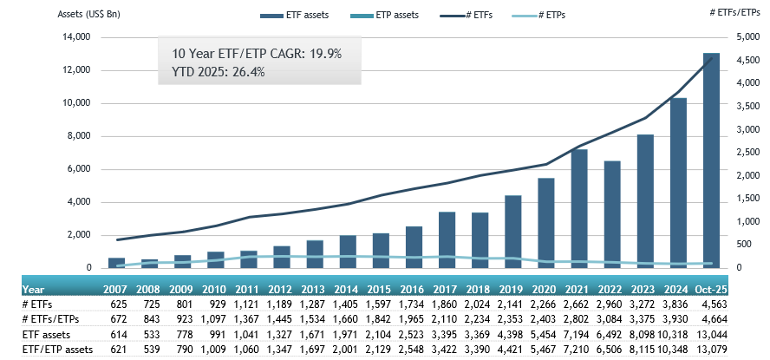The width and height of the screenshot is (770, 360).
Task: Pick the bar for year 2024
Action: coord(679,183)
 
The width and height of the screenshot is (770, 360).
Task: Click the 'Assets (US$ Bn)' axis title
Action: coord(90,16)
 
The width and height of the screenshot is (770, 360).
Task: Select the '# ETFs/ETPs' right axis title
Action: coord(731,16)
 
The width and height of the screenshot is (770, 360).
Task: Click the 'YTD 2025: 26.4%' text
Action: coord(212,71)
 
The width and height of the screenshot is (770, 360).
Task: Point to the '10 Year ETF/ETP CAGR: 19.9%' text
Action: coord(251,54)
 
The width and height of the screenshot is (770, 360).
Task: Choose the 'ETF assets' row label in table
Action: coord(44,334)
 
